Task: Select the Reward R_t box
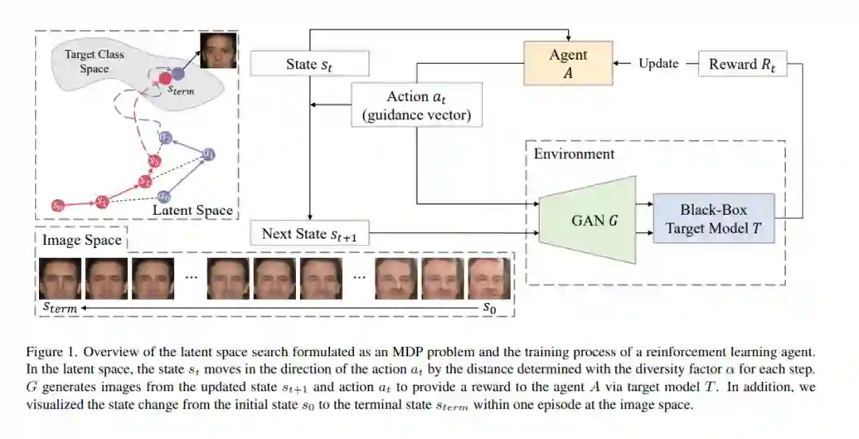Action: tap(741, 64)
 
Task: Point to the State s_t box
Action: tap(309, 64)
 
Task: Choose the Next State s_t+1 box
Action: tap(309, 234)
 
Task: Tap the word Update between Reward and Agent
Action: tap(659, 64)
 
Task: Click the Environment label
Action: tap(573, 153)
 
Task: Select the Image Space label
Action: tap(82, 240)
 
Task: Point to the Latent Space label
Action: tap(192, 210)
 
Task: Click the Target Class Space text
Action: tap(93, 62)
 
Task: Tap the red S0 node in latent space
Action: tap(58, 205)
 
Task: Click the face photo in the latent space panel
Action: tap(218, 50)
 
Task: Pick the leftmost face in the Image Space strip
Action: tap(60, 278)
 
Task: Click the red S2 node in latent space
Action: tap(144, 181)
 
